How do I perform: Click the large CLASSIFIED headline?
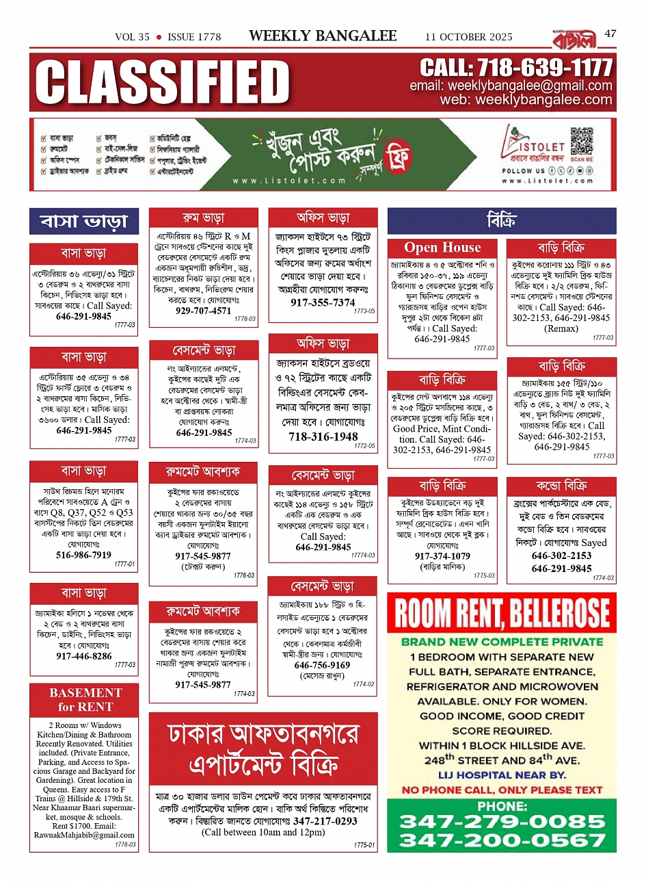point(163,82)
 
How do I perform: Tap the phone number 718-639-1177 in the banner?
point(516,68)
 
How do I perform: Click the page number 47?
point(610,33)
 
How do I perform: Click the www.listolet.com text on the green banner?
point(289,181)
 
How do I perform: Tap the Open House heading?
point(442,248)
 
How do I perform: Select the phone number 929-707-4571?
point(203,311)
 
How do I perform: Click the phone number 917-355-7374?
point(323,302)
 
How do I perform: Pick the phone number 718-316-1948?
point(323,437)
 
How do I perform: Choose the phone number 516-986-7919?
point(83,555)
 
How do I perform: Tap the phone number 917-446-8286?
point(83,656)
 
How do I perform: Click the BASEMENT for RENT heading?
point(85,699)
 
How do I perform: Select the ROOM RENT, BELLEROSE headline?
point(502,613)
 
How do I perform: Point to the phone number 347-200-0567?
point(502,840)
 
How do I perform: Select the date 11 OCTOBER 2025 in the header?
point(468,37)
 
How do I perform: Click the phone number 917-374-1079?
point(442,556)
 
